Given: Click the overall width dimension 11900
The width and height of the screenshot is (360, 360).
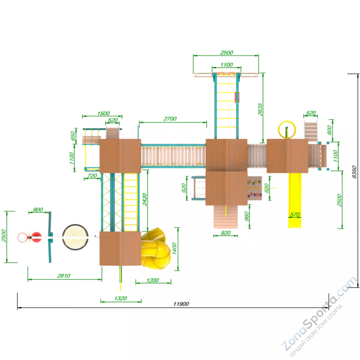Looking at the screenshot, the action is [x=181, y=304].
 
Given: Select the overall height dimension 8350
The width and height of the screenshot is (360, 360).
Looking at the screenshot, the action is [x=354, y=172].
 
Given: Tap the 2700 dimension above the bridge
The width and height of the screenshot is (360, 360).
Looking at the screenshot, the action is [x=170, y=119].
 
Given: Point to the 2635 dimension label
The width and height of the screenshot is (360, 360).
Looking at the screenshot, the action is [x=260, y=109].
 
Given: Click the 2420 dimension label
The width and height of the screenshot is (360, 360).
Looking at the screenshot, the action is [x=145, y=200].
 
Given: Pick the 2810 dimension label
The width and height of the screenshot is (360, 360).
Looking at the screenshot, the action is [x=64, y=276].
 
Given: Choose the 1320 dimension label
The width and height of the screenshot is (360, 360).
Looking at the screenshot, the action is [x=120, y=298].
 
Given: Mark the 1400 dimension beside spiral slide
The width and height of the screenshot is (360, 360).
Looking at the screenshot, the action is [x=174, y=248].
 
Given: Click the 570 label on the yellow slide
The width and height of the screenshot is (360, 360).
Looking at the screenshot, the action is [x=295, y=214].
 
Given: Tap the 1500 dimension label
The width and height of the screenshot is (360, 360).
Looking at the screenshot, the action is [x=103, y=113].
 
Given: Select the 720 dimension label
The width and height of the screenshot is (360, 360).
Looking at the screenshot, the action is [x=92, y=176].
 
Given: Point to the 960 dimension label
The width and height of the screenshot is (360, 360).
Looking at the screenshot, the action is [x=246, y=217].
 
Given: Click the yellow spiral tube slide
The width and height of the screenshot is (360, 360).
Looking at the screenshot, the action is [x=156, y=248].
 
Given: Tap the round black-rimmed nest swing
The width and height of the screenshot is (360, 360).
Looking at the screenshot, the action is [x=75, y=237].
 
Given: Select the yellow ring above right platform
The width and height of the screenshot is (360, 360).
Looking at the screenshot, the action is [x=287, y=130].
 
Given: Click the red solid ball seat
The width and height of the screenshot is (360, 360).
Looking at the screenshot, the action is [x=37, y=237].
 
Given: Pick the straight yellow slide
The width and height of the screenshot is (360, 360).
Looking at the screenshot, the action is [x=295, y=201].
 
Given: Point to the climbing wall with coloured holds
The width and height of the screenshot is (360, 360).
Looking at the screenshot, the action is [x=255, y=188].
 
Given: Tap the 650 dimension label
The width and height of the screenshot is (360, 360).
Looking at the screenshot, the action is [x=73, y=136].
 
